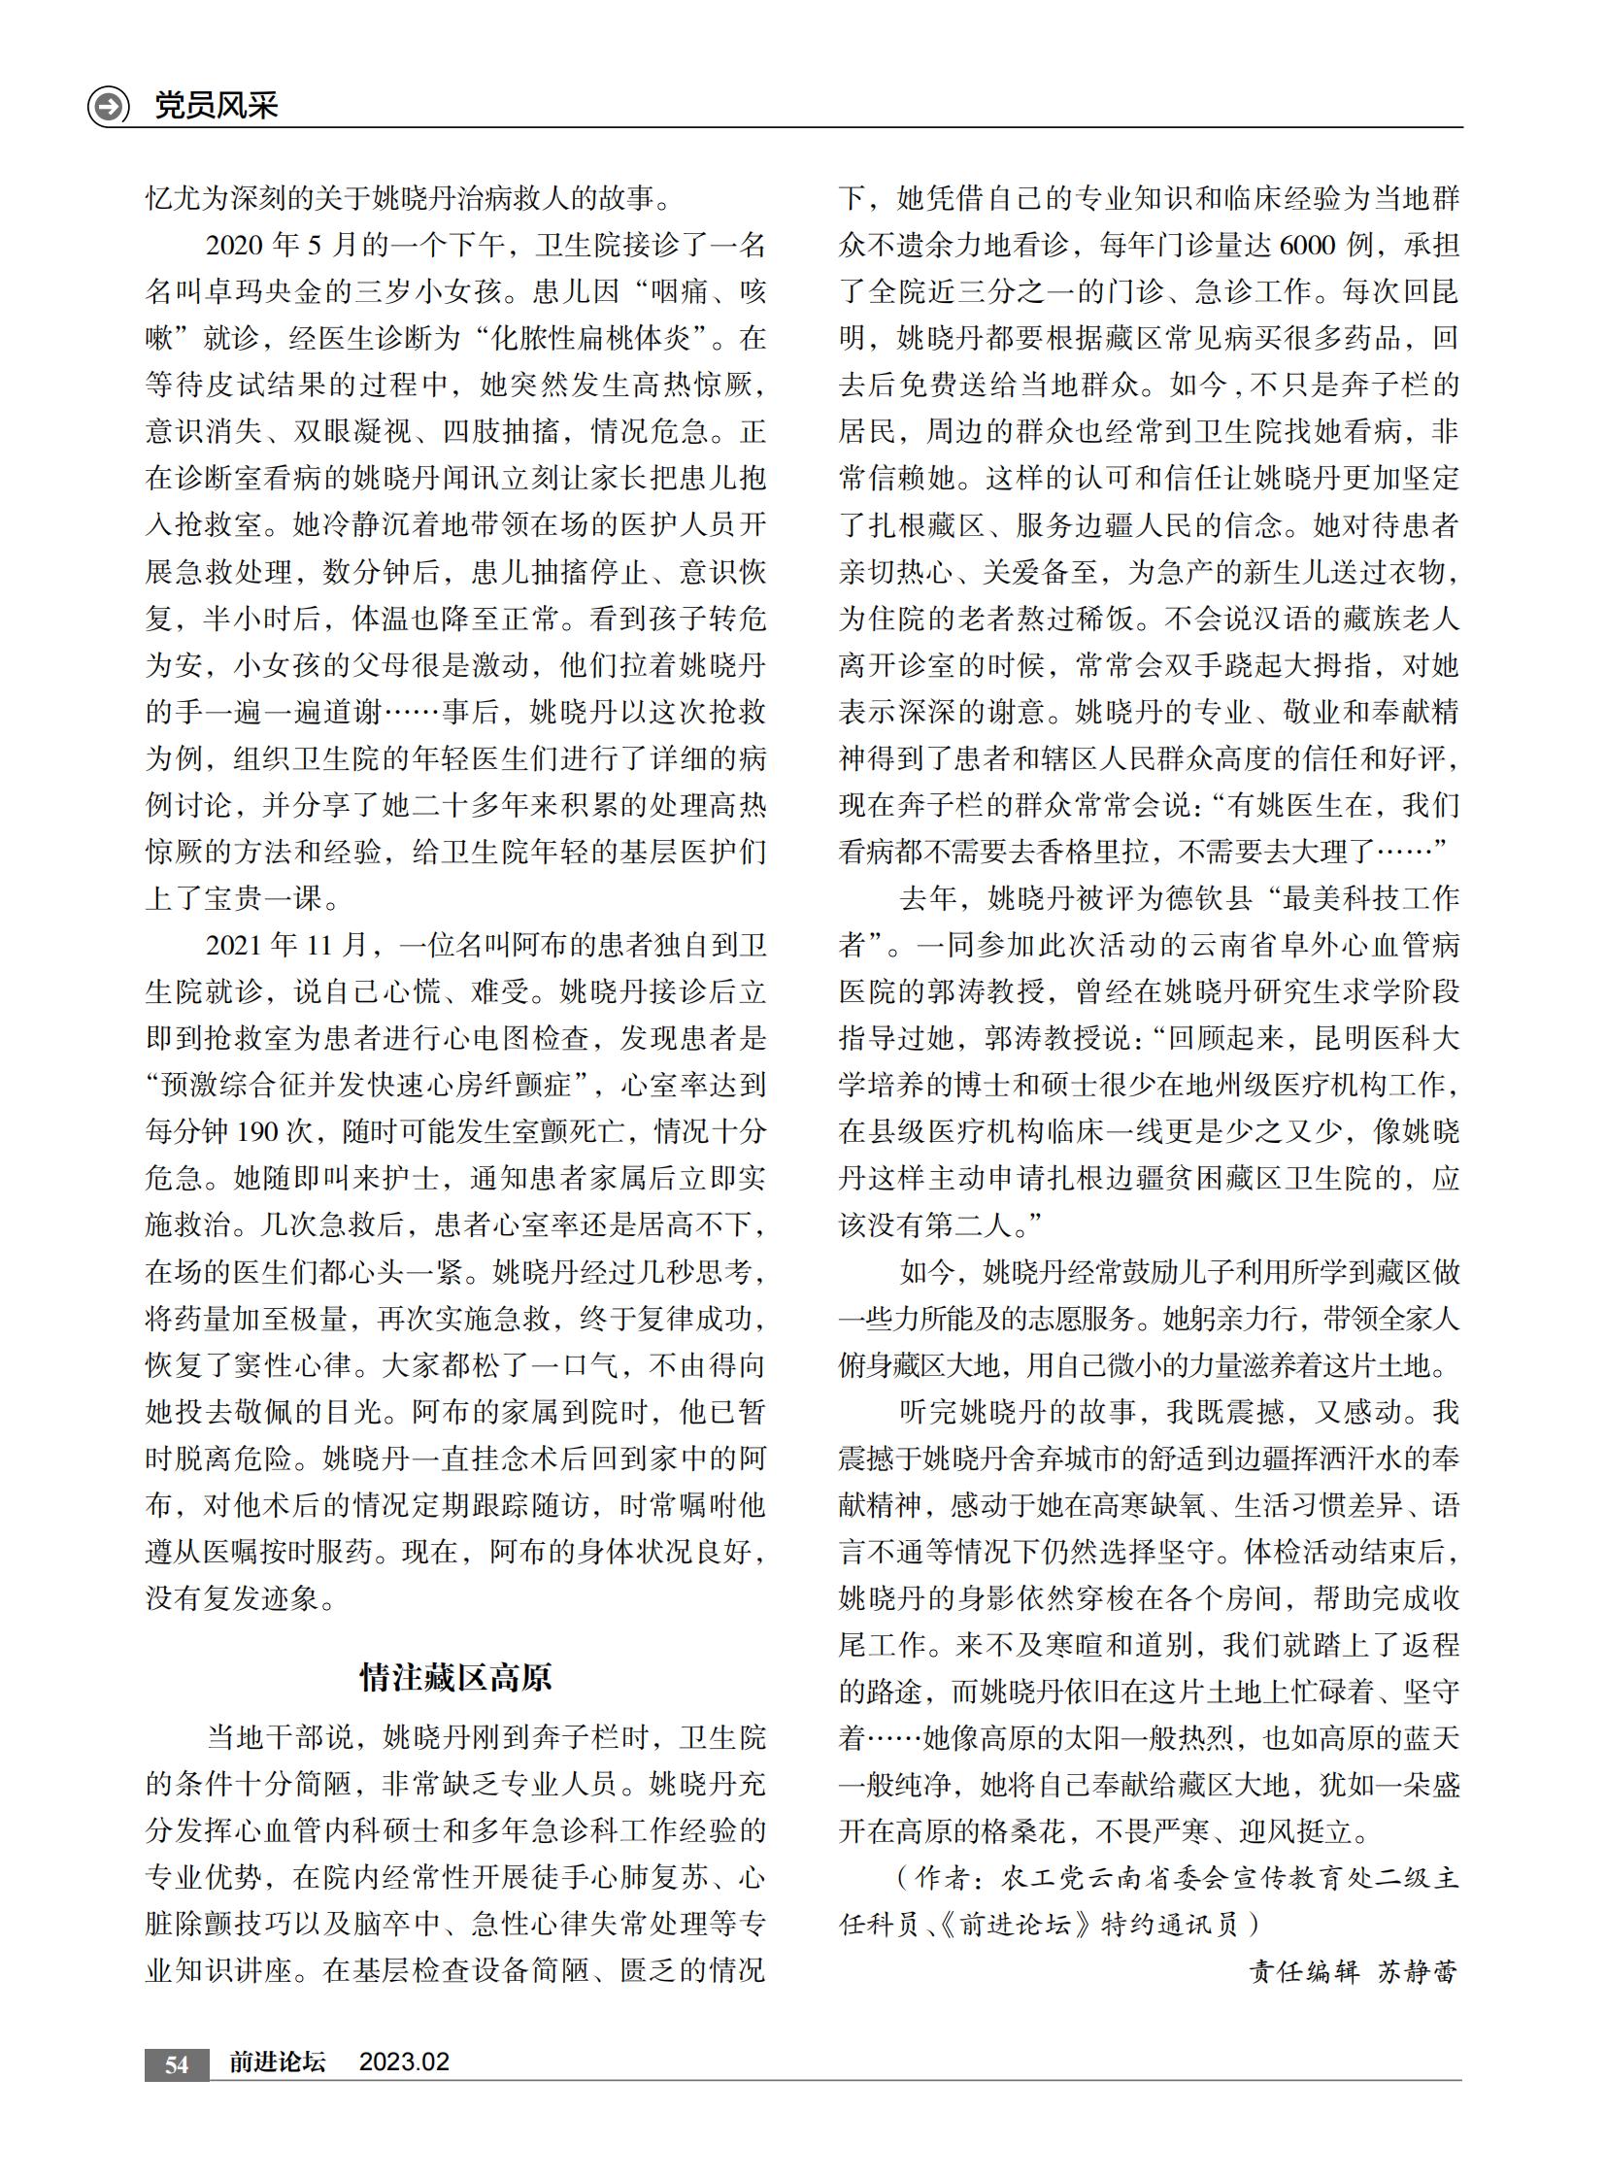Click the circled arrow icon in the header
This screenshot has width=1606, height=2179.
click(x=108, y=105)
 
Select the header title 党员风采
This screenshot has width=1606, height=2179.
click(x=216, y=105)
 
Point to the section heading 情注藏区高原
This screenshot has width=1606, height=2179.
click(x=456, y=1677)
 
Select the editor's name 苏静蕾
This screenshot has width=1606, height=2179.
click(x=1418, y=1971)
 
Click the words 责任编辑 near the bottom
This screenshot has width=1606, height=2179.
click(x=1304, y=1971)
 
